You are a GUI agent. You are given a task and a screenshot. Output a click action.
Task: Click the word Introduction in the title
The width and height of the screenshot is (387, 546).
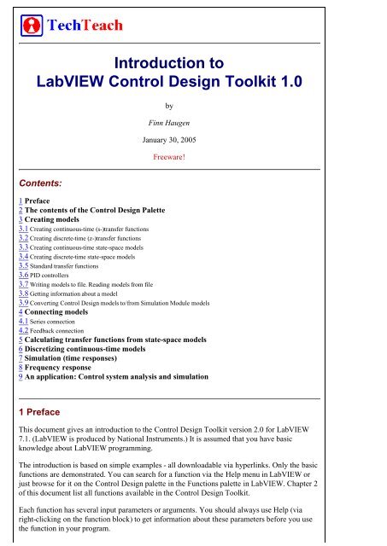coord(156,61)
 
